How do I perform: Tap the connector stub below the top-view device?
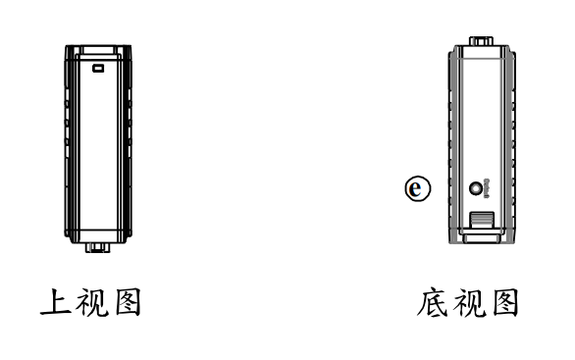click(x=97, y=248)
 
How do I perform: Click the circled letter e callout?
click(x=416, y=186)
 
